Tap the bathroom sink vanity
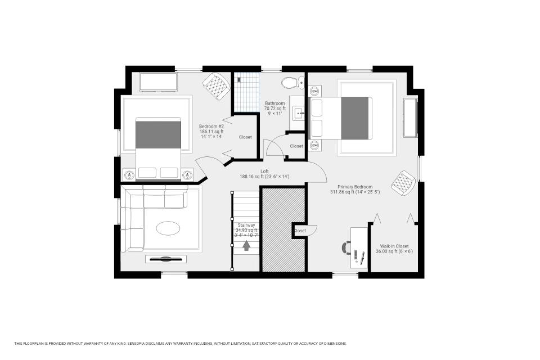(299, 113)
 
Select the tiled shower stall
(247, 92)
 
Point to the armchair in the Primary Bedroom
(404, 182)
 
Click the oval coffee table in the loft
(168, 228)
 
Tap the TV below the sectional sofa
(165, 259)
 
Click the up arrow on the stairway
(246, 245)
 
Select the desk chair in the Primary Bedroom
(348, 247)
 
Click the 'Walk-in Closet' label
(394, 246)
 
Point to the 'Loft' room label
(264, 171)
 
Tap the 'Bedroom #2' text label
(211, 127)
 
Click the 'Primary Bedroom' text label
(354, 187)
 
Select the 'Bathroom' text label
(275, 103)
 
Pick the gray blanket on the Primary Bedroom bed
(355, 118)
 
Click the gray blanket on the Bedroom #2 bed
(158, 134)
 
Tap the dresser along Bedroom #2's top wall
(157, 82)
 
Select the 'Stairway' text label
(246, 225)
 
